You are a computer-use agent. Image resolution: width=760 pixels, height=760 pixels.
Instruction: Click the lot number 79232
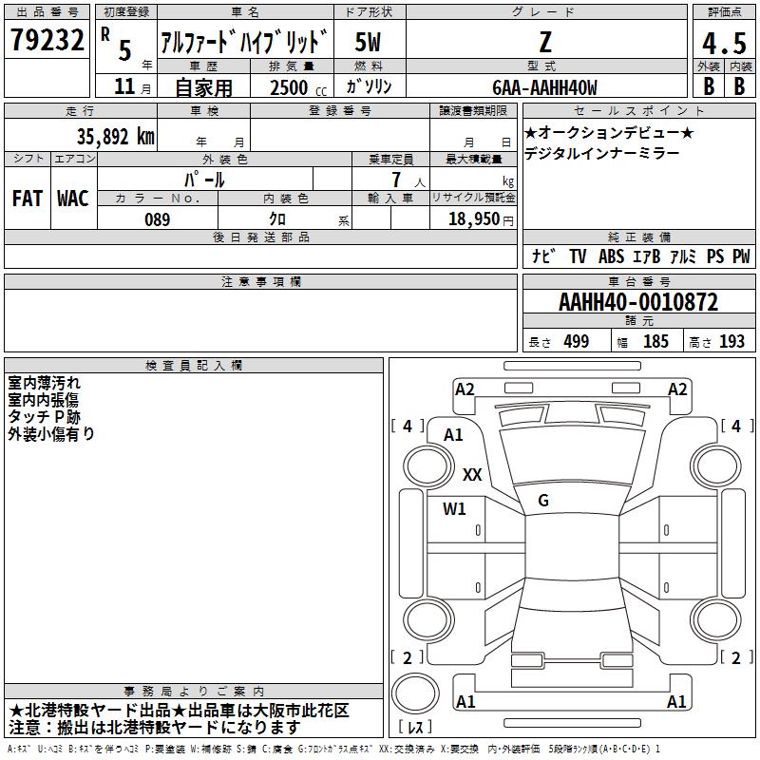(x=47, y=40)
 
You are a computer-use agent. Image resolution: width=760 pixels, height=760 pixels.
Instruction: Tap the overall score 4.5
(x=724, y=43)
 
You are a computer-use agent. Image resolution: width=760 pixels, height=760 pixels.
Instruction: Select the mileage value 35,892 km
(x=116, y=137)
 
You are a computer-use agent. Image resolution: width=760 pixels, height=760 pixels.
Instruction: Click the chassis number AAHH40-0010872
(x=638, y=302)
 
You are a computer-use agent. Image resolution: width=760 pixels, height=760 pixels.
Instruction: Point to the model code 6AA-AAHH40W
(x=544, y=87)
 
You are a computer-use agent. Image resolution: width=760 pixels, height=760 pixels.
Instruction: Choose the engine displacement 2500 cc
(x=298, y=87)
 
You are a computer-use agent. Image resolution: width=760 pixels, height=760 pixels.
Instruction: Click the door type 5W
(x=368, y=42)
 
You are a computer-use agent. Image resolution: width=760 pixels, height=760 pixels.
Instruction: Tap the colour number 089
(x=158, y=219)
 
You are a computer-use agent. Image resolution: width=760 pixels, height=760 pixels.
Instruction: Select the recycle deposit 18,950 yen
(x=481, y=219)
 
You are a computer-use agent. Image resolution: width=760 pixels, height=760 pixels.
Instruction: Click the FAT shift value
(x=28, y=199)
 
